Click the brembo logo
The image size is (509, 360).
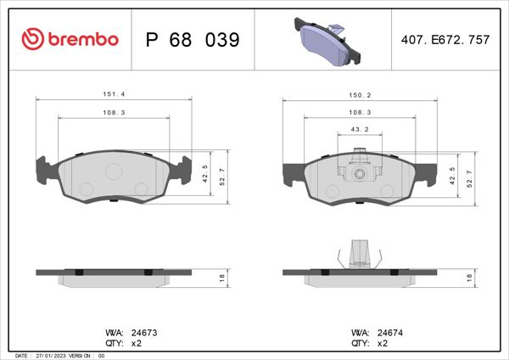pos(70,39)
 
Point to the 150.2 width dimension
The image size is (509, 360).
pos(359,95)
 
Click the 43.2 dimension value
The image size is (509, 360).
pos(359,129)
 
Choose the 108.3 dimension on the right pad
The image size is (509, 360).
pos(359,112)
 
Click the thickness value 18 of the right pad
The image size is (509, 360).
pos(469,278)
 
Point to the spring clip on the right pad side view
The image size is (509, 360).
pos(359,255)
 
